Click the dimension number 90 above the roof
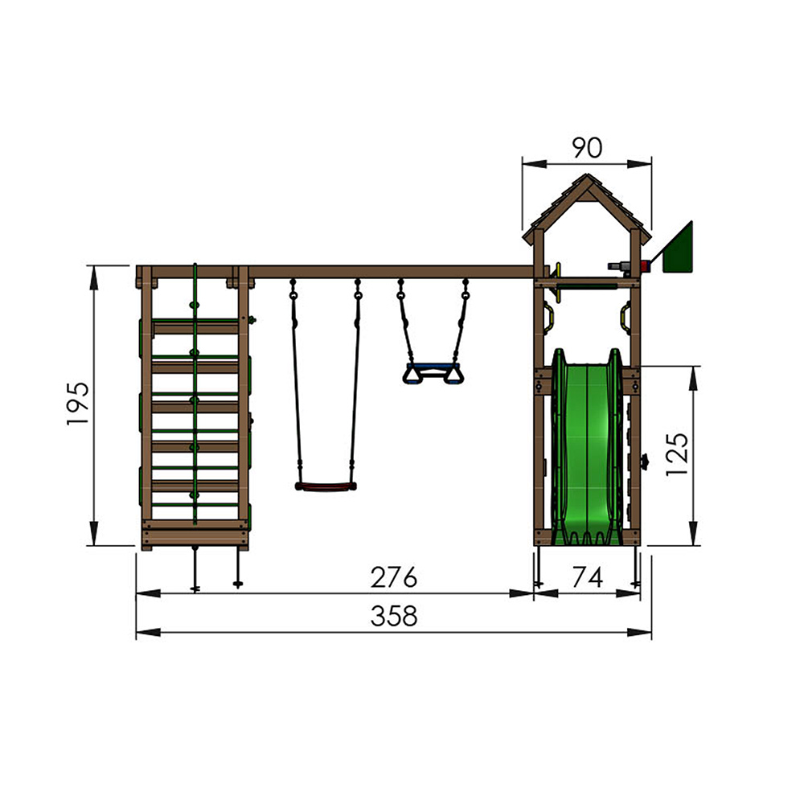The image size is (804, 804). pyautogui.click(x=586, y=147)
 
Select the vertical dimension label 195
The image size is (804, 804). pyautogui.click(x=78, y=404)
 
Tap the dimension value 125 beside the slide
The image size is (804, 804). pyautogui.click(x=677, y=454)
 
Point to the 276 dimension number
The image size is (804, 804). pyautogui.click(x=394, y=577)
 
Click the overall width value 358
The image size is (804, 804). pyautogui.click(x=394, y=617)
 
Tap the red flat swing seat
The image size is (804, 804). pyautogui.click(x=325, y=486)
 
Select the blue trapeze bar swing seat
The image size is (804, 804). pyautogui.click(x=433, y=373)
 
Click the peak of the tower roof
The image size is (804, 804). pyautogui.click(x=587, y=177)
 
